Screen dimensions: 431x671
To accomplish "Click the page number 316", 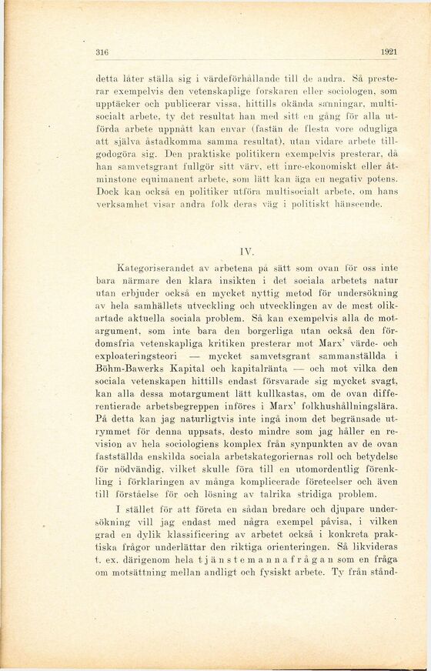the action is click(101, 52).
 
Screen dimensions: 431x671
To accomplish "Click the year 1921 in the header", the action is click(388, 52).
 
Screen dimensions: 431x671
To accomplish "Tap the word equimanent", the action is click(159, 179).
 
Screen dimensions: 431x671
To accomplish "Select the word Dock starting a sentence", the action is click(105, 192).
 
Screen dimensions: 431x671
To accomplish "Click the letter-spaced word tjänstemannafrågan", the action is click(253, 560).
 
